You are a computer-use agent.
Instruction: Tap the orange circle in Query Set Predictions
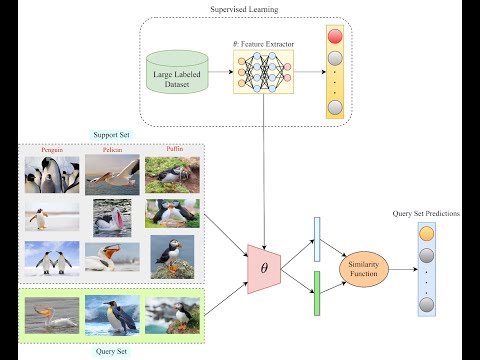pyautogui.click(x=427, y=235)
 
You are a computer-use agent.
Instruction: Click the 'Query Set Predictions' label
pyautogui.click(x=428, y=212)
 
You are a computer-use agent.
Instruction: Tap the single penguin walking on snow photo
pyautogui.click(x=51, y=217)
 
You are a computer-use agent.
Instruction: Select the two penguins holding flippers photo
pyautogui.click(x=51, y=258)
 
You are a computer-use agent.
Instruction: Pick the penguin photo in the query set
pyautogui.click(x=112, y=313)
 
